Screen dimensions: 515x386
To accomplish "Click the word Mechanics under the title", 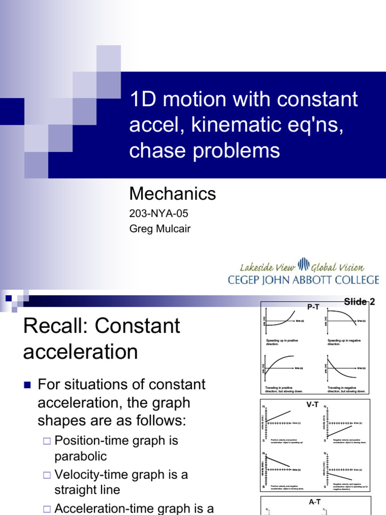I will click(x=172, y=193).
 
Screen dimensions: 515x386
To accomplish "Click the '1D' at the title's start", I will click(x=142, y=99).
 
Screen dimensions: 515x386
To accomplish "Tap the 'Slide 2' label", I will click(x=359, y=302).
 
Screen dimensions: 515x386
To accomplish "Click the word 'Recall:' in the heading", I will click(x=55, y=326).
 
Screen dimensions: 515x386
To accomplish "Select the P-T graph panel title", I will click(x=313, y=306).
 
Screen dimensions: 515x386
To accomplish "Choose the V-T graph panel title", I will click(x=313, y=404).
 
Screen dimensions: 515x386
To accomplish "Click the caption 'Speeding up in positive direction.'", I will click(x=282, y=342).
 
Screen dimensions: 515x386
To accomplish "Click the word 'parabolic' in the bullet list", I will click(x=80, y=456).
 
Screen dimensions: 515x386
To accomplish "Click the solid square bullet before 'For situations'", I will click(x=28, y=386).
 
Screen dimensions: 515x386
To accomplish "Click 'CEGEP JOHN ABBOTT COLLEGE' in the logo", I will click(x=304, y=280).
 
